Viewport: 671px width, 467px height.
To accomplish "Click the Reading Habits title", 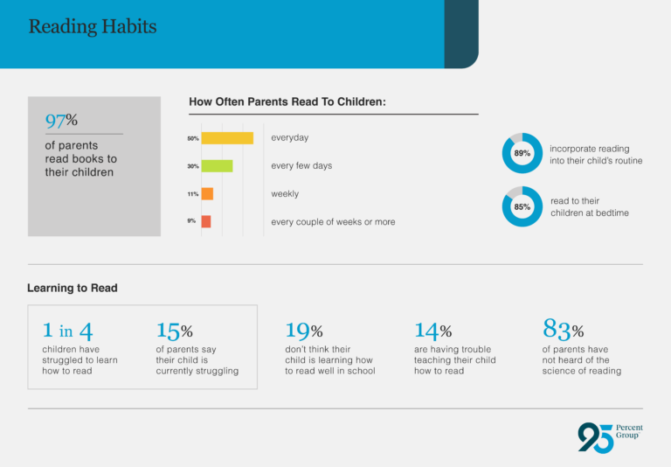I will [x=93, y=26].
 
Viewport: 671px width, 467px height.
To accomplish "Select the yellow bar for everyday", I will [x=227, y=138].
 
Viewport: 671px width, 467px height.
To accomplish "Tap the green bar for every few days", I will [x=217, y=166].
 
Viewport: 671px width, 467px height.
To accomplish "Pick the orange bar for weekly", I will [x=207, y=194].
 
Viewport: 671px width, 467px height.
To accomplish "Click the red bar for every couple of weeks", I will [x=205, y=222].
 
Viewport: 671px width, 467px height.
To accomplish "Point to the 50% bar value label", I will [x=192, y=138].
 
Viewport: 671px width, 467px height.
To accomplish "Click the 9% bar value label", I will [x=191, y=222].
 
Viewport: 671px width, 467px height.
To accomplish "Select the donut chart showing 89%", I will [x=522, y=153].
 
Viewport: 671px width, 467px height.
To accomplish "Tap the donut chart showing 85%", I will [x=522, y=207].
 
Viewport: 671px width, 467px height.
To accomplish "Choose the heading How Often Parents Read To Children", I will [x=287, y=102].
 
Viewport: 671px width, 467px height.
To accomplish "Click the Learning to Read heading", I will [x=73, y=288].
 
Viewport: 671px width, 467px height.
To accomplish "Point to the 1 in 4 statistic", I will [x=67, y=331].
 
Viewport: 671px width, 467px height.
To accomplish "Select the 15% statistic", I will [x=174, y=331].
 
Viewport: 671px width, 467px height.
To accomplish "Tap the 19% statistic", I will [x=304, y=331].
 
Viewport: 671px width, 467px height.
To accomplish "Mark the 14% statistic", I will [x=432, y=331].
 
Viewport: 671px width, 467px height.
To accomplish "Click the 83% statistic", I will [x=563, y=331].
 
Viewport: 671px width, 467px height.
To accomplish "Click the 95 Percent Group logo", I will [x=610, y=436].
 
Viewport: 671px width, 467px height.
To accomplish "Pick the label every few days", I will [x=301, y=166].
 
